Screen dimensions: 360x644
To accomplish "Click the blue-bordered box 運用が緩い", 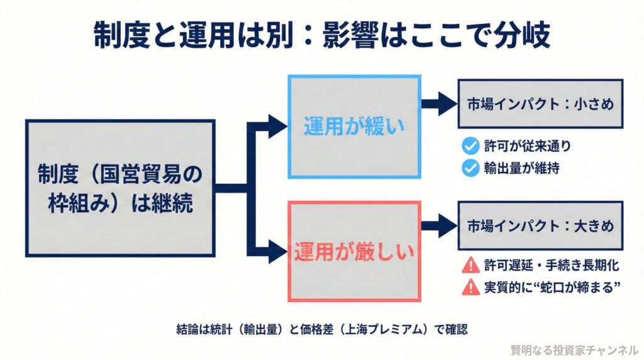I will click(x=353, y=127).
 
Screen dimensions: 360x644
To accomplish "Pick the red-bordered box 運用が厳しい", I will click(x=353, y=252).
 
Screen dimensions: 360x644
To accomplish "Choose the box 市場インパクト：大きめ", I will click(x=540, y=224).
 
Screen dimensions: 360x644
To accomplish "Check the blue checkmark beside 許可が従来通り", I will click(x=469, y=147).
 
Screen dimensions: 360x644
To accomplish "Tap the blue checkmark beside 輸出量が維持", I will click(x=469, y=168).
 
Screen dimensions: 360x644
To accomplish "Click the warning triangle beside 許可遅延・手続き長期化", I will click(x=469, y=266).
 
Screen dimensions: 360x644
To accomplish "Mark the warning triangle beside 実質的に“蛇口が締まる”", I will click(x=469, y=288).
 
